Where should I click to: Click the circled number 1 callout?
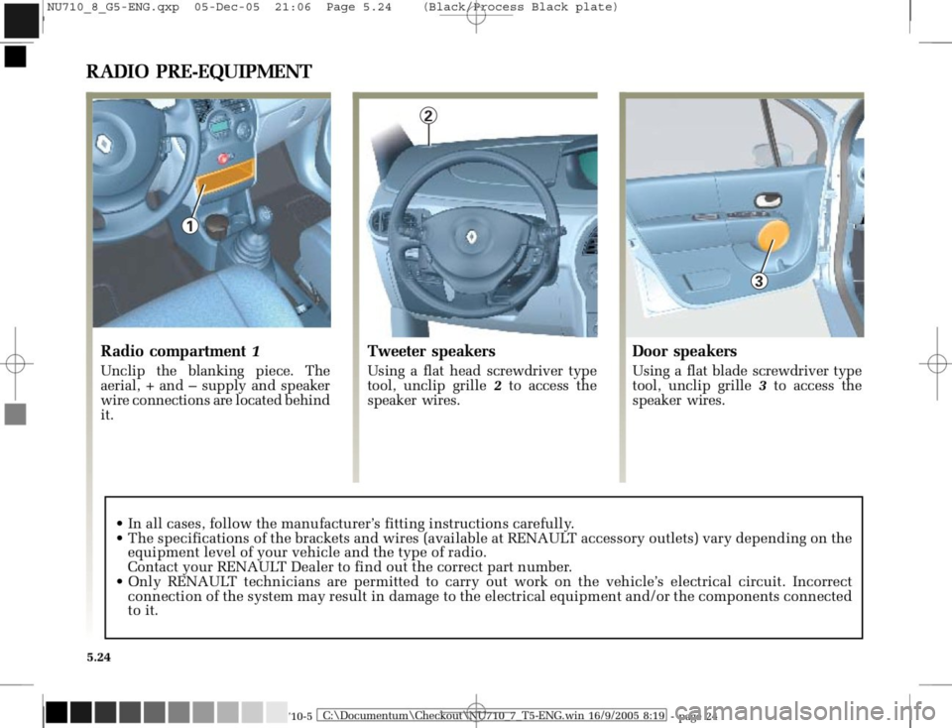(189, 226)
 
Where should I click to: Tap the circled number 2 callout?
(426, 116)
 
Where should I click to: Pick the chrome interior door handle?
(768, 200)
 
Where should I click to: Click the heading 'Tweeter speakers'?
(430, 352)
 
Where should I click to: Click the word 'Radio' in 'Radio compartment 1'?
(124, 352)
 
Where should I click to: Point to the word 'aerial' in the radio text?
(122, 387)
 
